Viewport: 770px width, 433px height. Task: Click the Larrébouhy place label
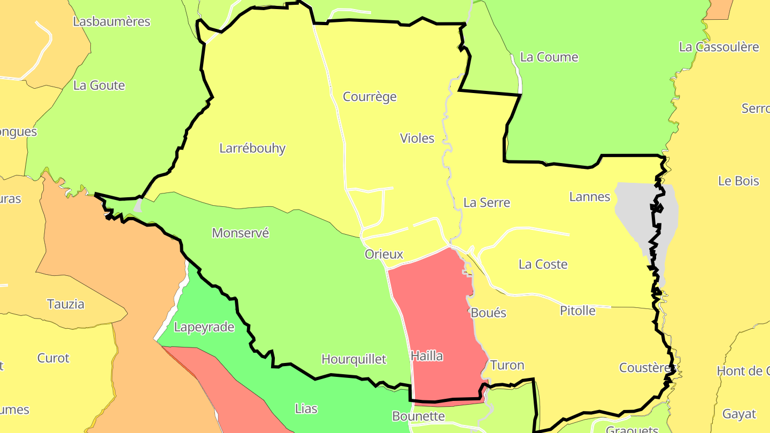point(252,149)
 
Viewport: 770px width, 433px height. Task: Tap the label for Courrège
point(369,97)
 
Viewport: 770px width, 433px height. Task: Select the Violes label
point(417,138)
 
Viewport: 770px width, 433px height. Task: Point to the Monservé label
point(240,233)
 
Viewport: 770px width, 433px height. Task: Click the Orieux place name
point(383,254)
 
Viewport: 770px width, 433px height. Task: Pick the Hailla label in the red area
point(427,355)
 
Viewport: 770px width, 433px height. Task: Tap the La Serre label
point(487,203)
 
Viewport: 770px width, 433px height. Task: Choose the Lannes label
point(589,197)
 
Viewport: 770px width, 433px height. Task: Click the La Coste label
point(543,265)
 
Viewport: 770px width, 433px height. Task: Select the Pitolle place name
point(577,311)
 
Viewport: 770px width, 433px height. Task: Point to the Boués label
point(488,313)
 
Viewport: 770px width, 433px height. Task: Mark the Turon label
point(507,366)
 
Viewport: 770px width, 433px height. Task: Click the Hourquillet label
point(353,359)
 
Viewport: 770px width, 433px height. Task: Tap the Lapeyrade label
point(204,327)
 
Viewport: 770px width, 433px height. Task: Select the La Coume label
point(549,57)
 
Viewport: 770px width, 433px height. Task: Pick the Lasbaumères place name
point(112,22)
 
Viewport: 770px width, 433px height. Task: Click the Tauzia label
point(66,304)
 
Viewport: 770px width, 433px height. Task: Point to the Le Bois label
point(738,181)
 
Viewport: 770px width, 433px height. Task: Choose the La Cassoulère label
point(719,47)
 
